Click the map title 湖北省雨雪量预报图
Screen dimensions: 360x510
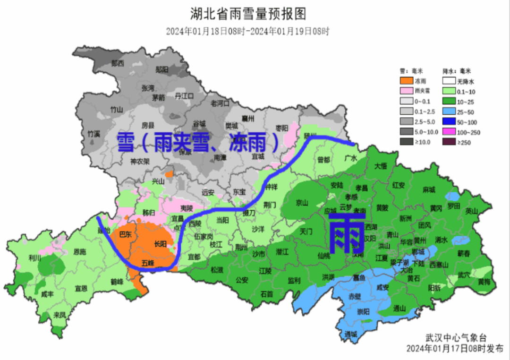coord(248,14)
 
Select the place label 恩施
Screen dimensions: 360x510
coord(80,252)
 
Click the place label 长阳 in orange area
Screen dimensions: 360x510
coord(161,244)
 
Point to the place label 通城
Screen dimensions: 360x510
coord(351,334)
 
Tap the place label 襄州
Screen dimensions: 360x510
coord(248,118)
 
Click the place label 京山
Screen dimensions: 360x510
coord(302,203)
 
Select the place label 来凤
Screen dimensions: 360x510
coord(59,314)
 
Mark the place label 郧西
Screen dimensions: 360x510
coord(117,63)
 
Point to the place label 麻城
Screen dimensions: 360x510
coord(429,189)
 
